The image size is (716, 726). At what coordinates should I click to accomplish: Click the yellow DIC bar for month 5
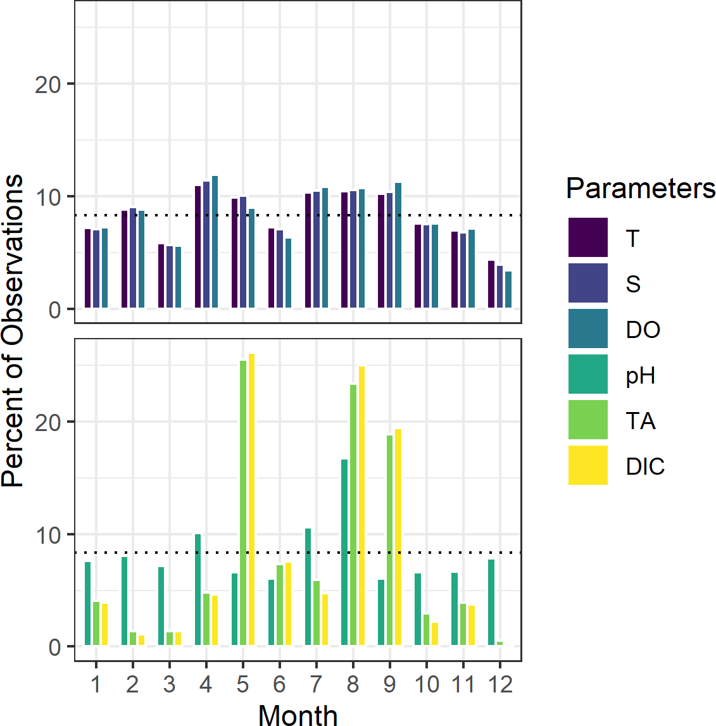(251, 499)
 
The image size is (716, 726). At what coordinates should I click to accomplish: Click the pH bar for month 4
(198, 589)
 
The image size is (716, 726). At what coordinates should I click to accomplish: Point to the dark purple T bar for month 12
(491, 284)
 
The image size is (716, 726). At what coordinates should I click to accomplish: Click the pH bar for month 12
(491, 602)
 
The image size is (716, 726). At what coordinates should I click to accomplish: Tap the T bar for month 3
(161, 276)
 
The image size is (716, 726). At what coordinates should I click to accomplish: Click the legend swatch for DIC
(587, 465)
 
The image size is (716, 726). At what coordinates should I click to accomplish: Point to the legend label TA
(640, 421)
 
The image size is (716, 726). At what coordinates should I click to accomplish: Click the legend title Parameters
(640, 188)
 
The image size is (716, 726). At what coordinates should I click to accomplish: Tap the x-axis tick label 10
(427, 684)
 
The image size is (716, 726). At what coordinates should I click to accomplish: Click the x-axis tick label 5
(243, 684)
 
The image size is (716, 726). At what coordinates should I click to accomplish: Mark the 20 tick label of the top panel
(48, 84)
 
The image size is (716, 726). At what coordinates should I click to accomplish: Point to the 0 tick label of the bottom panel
(54, 648)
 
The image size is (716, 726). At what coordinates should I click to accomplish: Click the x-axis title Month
(298, 714)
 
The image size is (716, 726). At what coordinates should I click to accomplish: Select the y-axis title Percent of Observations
(13, 329)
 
